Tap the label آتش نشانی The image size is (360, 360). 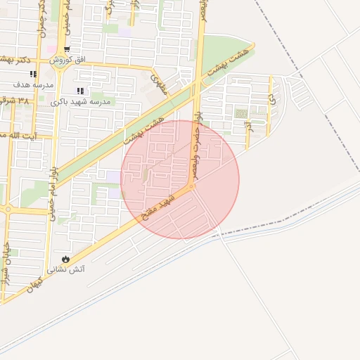click(65, 270)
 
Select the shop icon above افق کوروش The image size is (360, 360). click(67, 50)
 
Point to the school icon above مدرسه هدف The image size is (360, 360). click(33, 74)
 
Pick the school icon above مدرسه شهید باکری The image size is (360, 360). click(80, 91)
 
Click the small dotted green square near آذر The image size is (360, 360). click(241, 113)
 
